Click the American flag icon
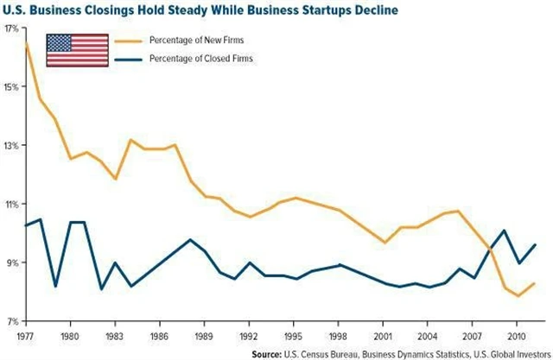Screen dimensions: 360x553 (x=72, y=50)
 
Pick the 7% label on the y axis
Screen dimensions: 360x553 (x=13, y=321)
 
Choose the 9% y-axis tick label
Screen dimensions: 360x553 (x=13, y=262)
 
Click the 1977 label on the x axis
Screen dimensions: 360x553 (x=26, y=334)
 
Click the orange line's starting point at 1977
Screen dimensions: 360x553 (x=26, y=41)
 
